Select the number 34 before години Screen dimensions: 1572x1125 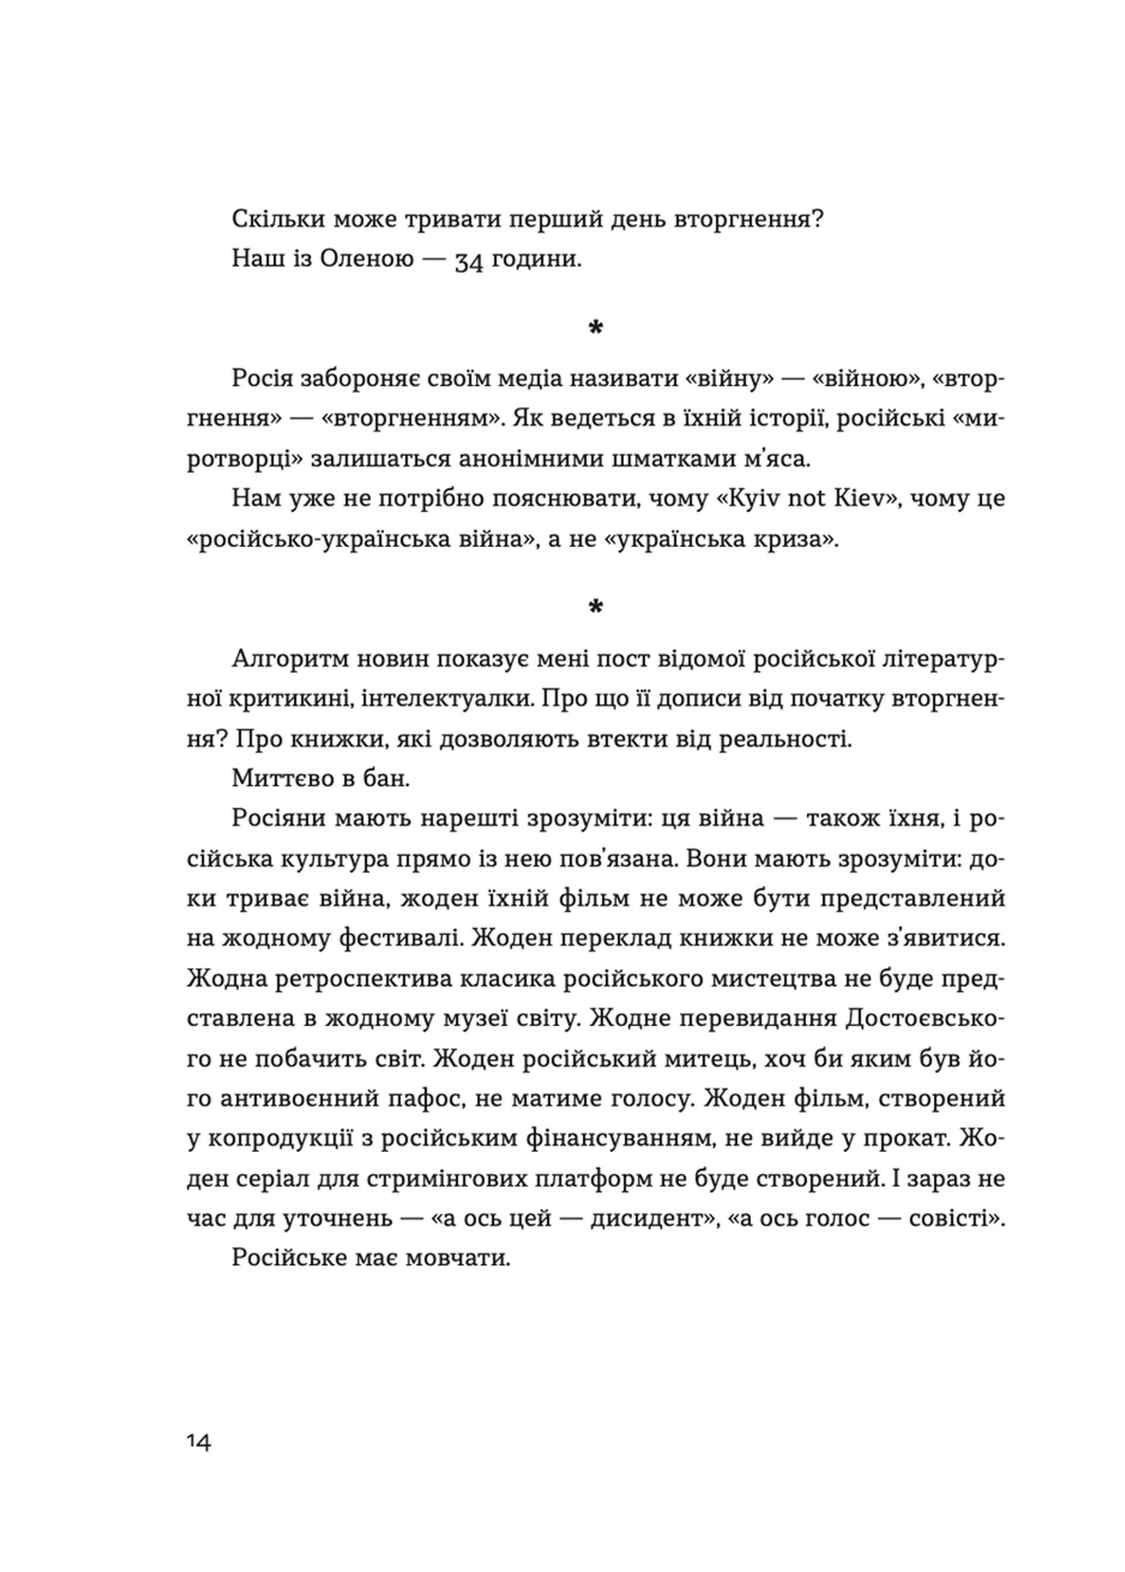(469, 262)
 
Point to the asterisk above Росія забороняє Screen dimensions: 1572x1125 (595, 328)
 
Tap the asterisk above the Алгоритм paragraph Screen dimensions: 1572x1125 (595, 607)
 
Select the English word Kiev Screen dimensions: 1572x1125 (861, 498)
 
